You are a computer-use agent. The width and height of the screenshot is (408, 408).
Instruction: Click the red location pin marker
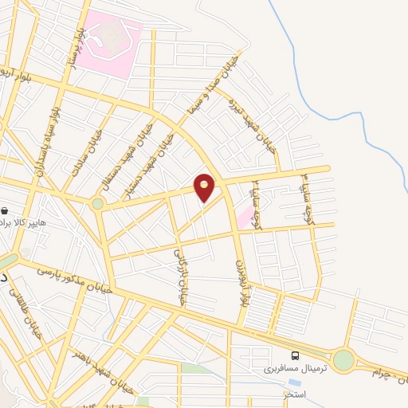pyautogui.click(x=205, y=186)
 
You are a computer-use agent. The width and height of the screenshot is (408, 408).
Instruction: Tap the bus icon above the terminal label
pyautogui.click(x=296, y=356)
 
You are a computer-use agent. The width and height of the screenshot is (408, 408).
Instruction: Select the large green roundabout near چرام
pyautogui.click(x=343, y=360)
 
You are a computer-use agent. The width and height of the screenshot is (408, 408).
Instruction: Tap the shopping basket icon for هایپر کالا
pyautogui.click(x=6, y=211)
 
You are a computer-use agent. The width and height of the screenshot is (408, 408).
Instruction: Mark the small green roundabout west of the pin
pyautogui.click(x=97, y=204)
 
